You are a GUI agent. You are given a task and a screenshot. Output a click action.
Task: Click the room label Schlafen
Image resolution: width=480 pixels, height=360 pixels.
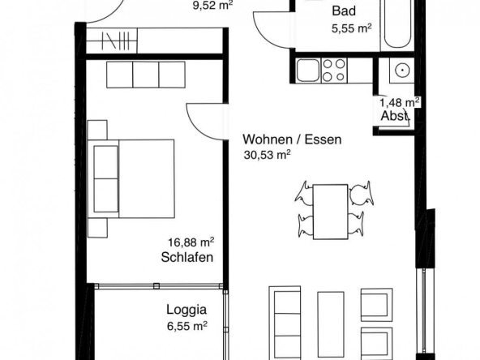[x=187, y=257]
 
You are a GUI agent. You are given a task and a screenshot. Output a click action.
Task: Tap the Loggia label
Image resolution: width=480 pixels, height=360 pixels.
[x=186, y=310]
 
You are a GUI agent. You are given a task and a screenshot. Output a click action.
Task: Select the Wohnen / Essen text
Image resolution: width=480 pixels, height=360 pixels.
[x=292, y=139]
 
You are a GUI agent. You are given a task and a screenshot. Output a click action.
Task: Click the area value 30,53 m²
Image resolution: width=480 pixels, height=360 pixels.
[x=267, y=155]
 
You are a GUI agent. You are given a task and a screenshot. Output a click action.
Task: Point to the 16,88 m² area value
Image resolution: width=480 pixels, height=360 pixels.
[x=191, y=242]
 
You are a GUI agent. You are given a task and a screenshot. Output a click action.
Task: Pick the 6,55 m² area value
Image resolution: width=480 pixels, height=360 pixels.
[x=187, y=326]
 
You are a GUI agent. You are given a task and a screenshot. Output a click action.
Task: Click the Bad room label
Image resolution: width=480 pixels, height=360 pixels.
[x=344, y=11]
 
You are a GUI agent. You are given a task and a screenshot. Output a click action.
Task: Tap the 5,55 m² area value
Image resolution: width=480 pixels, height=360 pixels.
[x=352, y=28]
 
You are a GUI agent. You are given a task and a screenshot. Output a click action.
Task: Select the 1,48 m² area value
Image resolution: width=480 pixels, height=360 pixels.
[x=400, y=102]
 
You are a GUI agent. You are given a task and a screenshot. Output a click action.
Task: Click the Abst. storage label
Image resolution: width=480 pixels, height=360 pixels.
[x=395, y=116]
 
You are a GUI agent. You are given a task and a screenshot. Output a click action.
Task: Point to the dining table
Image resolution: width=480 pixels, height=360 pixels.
[x=330, y=212]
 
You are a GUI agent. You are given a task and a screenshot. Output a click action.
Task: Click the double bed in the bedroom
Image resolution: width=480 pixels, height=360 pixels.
[x=131, y=178]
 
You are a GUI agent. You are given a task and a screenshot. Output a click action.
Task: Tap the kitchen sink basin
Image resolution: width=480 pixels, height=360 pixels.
[x=308, y=71]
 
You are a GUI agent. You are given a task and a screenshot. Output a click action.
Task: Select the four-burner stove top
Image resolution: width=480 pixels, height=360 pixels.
[x=334, y=71]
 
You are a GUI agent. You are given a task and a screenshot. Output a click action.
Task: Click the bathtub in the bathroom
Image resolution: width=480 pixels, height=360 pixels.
[x=396, y=24]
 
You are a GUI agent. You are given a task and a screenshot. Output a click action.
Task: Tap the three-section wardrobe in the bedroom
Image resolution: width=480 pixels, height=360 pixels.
[x=146, y=75]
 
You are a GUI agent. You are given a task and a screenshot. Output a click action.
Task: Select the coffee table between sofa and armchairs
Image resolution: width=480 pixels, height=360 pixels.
[x=331, y=326]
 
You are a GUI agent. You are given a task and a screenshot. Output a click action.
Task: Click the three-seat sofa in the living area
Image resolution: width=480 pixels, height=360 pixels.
[x=285, y=324]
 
